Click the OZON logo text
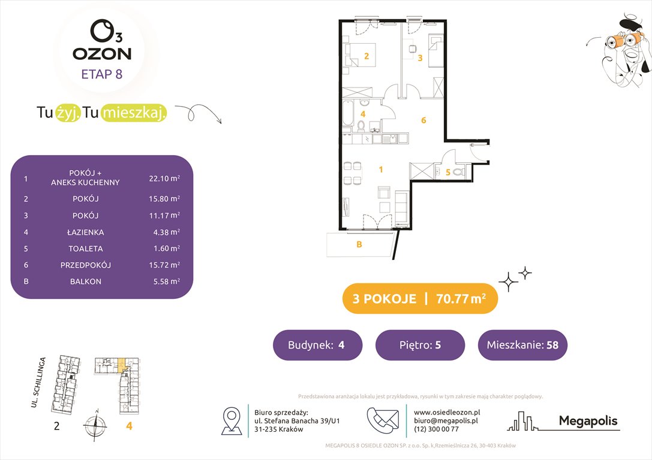(102, 53)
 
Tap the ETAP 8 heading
(102, 75)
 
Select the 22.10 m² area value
(164, 178)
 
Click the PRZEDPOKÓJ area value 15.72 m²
(164, 265)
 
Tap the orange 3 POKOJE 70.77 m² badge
(420, 299)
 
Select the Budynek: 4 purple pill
(317, 345)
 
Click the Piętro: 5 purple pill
(420, 345)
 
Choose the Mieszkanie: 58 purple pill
(522, 345)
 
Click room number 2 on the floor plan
(366, 57)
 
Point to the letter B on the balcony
(359, 244)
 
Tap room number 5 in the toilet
(447, 172)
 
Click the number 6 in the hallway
(423, 120)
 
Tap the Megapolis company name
(588, 421)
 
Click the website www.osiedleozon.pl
(446, 412)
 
